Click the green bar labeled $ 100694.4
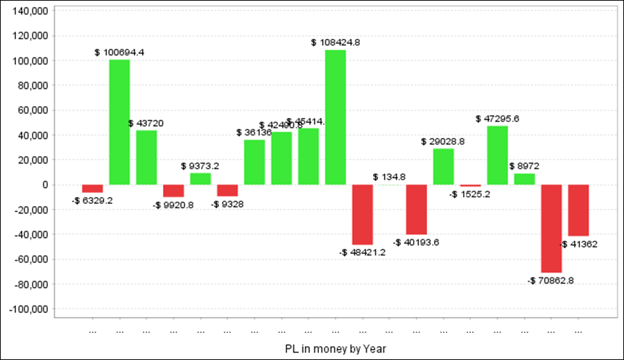tap(119, 122)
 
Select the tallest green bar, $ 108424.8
tap(336, 117)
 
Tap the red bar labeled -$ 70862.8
tap(551, 228)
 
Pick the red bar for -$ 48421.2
tap(363, 214)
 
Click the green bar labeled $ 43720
tap(146, 157)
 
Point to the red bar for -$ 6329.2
tap(92, 189)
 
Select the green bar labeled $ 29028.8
tap(444, 166)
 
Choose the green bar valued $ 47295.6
tap(497, 155)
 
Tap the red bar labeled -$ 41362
tap(578, 210)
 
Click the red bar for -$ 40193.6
tap(417, 209)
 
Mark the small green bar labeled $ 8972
tap(524, 179)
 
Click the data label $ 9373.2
tap(200, 166)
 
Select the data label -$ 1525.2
tap(471, 194)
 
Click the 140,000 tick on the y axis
tap(30, 11)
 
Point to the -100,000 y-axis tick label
tap(28, 309)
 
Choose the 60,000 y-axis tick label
tap(32, 110)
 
